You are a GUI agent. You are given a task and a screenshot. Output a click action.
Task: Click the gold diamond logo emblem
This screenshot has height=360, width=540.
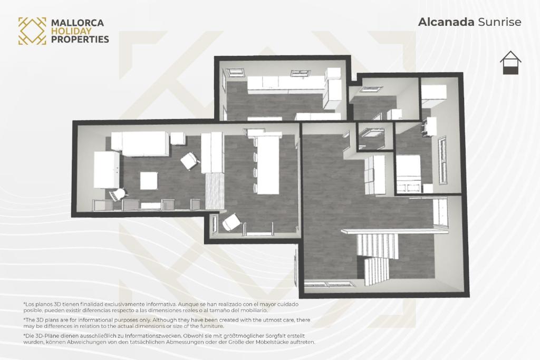[32, 31]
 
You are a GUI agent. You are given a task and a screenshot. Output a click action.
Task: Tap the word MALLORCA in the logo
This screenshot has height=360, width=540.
[78, 23]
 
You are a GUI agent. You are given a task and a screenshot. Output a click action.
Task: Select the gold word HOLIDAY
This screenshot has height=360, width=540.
[71, 31]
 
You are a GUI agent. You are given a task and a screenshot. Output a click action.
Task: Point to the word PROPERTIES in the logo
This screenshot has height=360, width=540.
[80, 39]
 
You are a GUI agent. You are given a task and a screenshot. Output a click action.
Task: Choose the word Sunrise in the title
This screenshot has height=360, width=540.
[499, 22]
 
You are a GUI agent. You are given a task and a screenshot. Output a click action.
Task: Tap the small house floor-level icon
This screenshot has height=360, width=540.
[510, 63]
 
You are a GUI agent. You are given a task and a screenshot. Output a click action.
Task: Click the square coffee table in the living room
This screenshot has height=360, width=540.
[149, 181]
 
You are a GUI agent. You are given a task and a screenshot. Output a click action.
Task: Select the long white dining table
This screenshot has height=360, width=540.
[268, 165]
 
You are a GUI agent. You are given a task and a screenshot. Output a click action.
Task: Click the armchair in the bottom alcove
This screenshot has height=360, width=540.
[231, 222]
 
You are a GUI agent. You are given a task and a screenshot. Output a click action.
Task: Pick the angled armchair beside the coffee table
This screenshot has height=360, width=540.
[190, 161]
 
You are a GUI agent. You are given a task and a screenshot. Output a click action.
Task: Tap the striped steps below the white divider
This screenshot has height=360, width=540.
[215, 191]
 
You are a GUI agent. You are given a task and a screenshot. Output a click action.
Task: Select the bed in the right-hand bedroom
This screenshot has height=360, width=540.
[409, 174]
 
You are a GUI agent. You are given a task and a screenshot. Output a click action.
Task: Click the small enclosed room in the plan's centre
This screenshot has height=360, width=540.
[375, 137]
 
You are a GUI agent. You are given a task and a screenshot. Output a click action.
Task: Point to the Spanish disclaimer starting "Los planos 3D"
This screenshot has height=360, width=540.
[161, 307]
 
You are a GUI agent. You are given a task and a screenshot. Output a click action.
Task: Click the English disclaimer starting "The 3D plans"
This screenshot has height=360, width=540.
[167, 323]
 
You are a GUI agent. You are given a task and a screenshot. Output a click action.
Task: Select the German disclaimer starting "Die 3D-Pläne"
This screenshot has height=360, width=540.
[169, 339]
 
